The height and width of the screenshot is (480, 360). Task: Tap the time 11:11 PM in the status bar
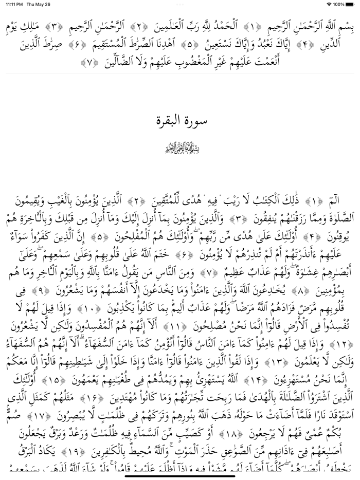pos(12,4)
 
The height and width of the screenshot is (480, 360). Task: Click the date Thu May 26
pos(39,4)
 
